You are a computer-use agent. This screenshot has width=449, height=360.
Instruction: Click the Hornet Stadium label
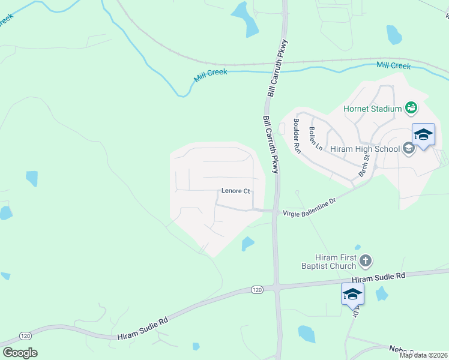[372, 109]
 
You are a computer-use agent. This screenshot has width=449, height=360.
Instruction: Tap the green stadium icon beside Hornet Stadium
[411, 108]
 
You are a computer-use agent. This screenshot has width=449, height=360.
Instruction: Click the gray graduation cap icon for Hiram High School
[409, 148]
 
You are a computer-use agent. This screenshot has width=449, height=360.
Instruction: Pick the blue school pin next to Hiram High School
[423, 136]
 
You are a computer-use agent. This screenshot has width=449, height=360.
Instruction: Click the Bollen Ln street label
[316, 139]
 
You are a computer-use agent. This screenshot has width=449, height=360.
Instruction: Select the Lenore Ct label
[235, 191]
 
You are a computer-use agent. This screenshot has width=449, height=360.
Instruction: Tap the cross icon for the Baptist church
[366, 260]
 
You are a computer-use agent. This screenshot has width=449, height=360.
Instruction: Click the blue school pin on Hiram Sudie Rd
[352, 295]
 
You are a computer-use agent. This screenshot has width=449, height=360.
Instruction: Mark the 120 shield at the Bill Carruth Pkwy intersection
[257, 290]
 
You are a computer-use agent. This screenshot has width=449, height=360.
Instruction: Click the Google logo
[20, 353]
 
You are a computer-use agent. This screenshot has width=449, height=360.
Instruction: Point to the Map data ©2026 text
[423, 355]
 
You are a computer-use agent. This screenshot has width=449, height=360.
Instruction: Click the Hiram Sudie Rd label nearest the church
[378, 277]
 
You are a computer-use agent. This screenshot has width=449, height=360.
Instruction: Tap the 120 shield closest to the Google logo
[25, 335]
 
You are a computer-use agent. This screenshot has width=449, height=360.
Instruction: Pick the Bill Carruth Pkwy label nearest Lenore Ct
[271, 145]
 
